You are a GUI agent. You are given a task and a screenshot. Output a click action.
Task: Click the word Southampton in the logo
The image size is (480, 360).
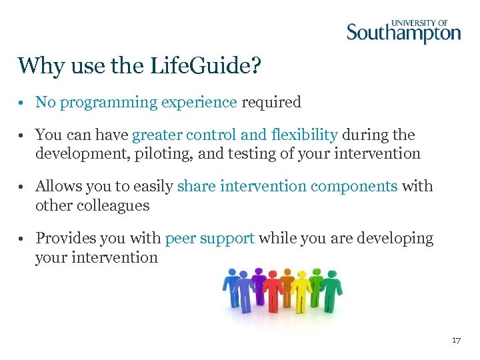pos(403,33)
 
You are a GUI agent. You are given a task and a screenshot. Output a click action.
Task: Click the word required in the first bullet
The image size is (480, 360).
pos(271,103)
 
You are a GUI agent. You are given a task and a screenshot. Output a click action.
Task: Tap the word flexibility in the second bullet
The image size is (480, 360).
pos(305,135)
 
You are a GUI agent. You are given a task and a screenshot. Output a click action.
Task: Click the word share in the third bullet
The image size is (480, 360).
pos(196,187)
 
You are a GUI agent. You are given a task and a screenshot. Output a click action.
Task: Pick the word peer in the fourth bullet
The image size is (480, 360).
pos(179,239)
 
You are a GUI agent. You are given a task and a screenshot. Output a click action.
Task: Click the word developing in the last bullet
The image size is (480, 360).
pos(399,239)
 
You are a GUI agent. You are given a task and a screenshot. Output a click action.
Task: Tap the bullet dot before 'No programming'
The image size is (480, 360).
pos(23,103)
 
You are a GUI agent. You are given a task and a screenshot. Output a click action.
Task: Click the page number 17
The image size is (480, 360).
pos(456,341)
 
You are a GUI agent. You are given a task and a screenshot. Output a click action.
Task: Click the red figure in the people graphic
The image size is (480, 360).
pos(273,293)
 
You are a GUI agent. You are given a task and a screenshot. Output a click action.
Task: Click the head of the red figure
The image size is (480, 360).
pos(273,275)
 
